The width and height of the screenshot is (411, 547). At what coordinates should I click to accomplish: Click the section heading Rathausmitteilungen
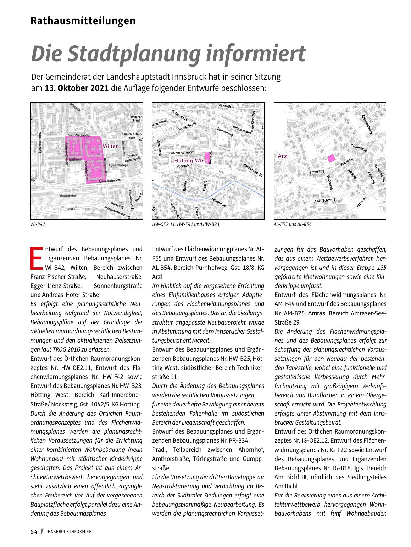83,21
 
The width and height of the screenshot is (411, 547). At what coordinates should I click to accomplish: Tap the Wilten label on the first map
111,146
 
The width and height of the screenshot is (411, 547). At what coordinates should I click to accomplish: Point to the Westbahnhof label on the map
68,196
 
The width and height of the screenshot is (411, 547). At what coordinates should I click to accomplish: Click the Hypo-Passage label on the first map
118,165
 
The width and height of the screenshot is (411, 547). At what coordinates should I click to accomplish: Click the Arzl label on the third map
283,156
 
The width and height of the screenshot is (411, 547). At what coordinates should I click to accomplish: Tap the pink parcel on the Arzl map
331,158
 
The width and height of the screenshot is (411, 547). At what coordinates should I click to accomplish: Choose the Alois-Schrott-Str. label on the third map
326,201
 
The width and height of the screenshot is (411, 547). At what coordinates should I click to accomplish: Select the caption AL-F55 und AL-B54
293,224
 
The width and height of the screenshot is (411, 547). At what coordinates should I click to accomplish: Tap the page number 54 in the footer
34,531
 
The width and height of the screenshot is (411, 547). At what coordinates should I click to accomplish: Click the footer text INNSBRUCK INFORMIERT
70,532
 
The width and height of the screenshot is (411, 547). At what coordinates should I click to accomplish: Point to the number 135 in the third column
381,268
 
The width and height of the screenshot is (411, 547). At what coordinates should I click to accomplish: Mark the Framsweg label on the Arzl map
317,171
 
